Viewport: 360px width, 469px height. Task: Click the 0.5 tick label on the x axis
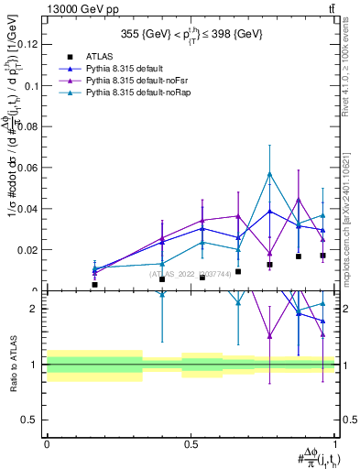[191, 444]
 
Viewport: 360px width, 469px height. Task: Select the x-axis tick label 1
[335, 444]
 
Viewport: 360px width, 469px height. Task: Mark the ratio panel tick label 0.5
[31, 420]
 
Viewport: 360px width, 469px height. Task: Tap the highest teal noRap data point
[269, 174]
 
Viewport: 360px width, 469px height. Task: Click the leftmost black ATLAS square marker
[94, 285]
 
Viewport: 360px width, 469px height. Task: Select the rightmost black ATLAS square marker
[322, 256]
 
